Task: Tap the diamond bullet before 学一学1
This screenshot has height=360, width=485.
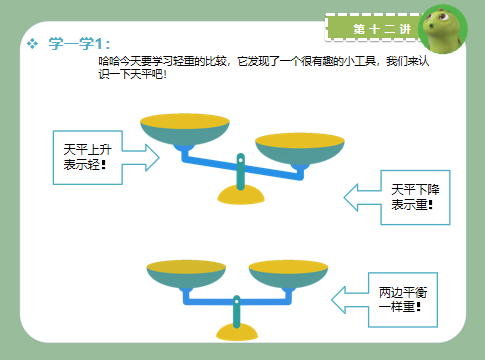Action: pos(33,43)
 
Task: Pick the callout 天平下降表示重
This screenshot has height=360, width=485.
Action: pos(406,196)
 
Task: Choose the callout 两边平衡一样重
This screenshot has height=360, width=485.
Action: pos(396,299)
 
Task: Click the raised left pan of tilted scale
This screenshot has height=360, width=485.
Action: pos(183,128)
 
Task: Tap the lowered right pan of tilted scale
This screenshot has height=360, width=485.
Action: pos(299,148)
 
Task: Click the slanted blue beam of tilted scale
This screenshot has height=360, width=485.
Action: pos(240,164)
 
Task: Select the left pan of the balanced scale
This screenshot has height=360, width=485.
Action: pos(185,273)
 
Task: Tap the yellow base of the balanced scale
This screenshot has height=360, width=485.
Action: pos(237,332)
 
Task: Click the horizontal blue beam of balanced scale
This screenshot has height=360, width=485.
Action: pos(237,300)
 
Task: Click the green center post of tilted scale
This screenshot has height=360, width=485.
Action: pos(240,170)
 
